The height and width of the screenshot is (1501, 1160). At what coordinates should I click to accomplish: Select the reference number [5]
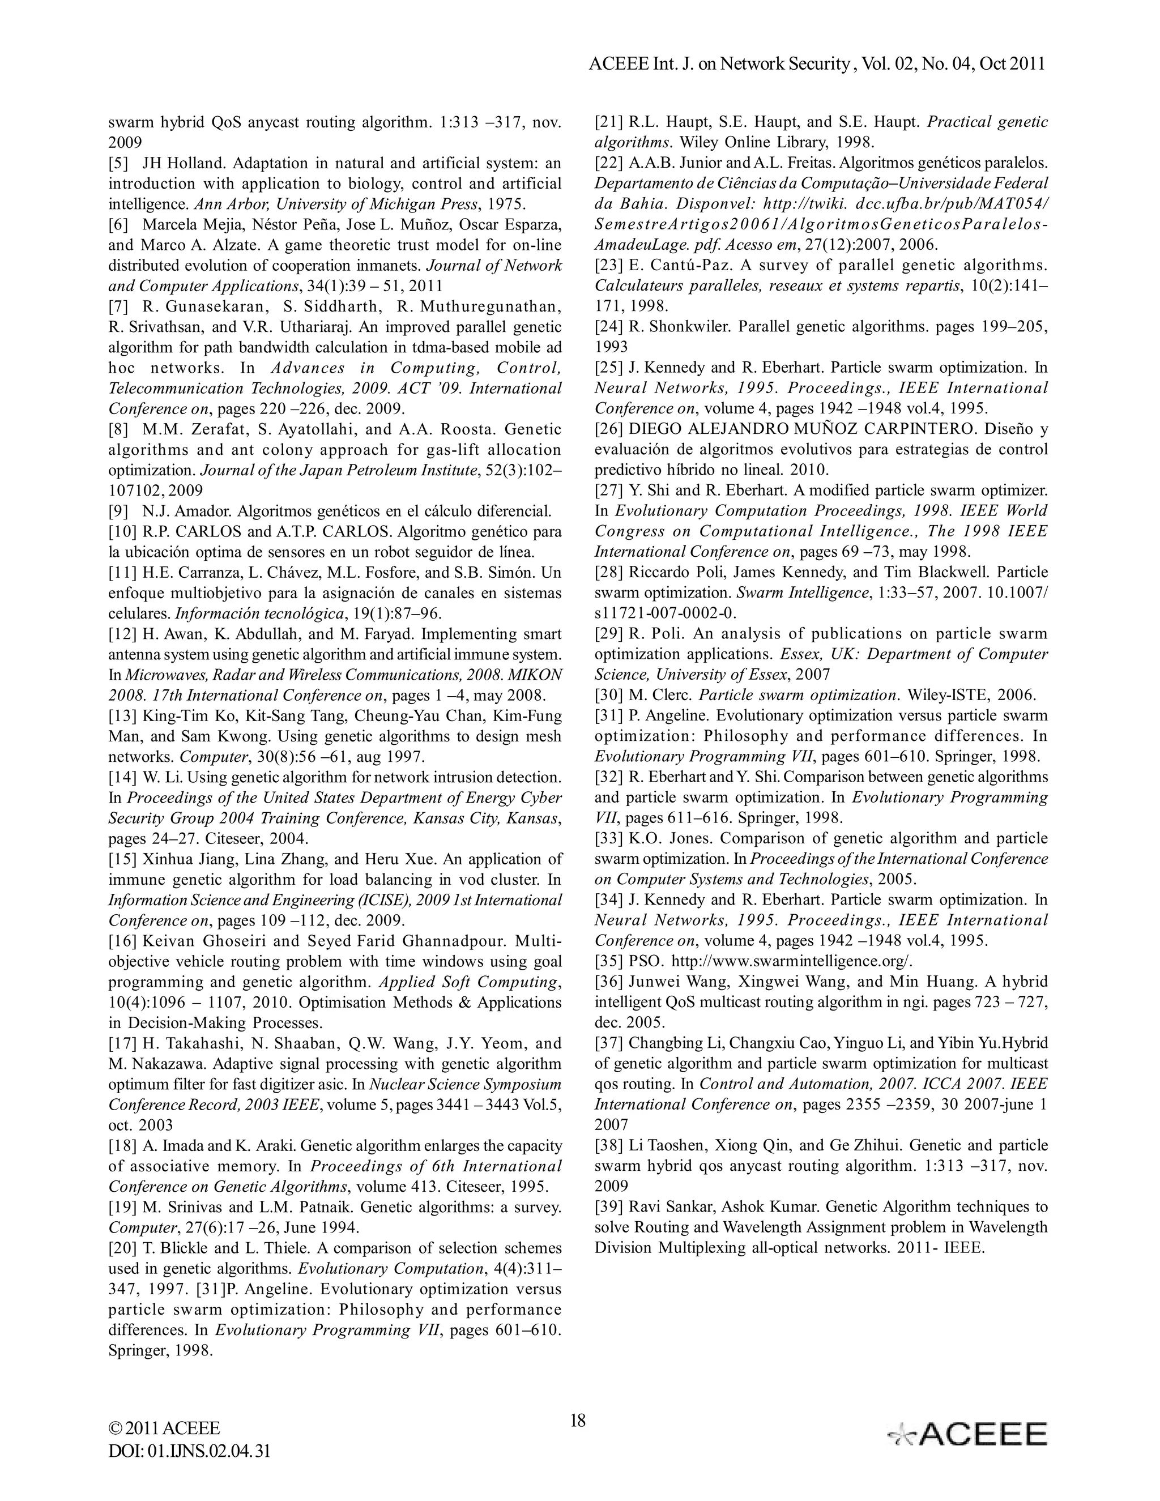pyautogui.click(x=120, y=164)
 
